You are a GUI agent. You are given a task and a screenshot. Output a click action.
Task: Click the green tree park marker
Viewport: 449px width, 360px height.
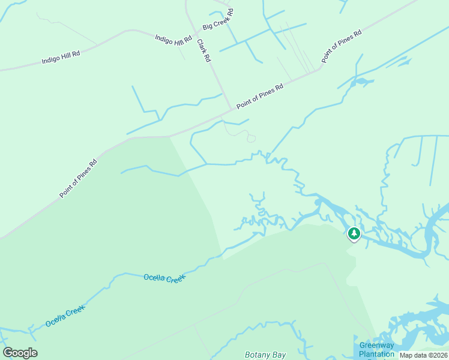(x=354, y=233)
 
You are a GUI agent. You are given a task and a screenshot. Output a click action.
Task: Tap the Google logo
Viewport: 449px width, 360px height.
(x=20, y=353)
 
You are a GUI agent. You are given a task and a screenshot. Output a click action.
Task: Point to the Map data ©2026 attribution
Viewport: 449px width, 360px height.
(x=423, y=355)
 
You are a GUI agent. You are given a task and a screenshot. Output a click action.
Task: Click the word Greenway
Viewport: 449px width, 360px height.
(x=376, y=345)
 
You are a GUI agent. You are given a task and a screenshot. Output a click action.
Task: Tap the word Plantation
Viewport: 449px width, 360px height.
(x=376, y=353)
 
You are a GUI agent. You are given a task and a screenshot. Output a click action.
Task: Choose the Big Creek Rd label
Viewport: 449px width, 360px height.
(x=218, y=19)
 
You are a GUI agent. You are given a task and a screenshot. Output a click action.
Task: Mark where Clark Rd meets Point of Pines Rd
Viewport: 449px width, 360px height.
(x=231, y=109)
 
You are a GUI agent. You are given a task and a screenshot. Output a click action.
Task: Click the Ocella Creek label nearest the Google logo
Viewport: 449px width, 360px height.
(x=65, y=316)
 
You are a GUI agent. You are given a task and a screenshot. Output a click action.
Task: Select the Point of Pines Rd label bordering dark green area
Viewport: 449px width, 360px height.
(x=78, y=179)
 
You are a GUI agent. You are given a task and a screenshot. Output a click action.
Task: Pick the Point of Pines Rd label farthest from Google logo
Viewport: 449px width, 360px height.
(x=342, y=46)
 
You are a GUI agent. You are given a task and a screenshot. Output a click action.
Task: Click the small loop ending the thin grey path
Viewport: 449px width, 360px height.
(x=252, y=139)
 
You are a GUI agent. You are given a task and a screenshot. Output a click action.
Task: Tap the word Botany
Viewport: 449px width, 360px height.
(x=257, y=355)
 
